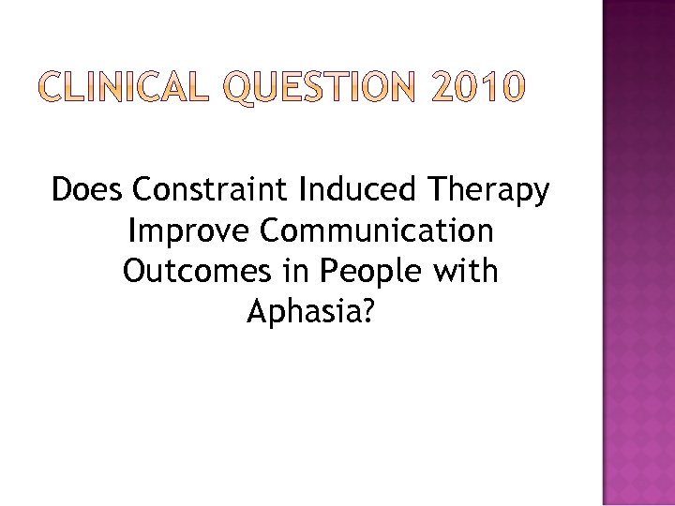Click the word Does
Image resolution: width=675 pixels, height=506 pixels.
(x=88, y=190)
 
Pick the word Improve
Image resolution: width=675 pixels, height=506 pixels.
(x=182, y=231)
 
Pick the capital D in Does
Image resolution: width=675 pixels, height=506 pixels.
(x=63, y=190)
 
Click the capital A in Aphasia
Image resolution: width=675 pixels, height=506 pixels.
(x=256, y=312)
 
